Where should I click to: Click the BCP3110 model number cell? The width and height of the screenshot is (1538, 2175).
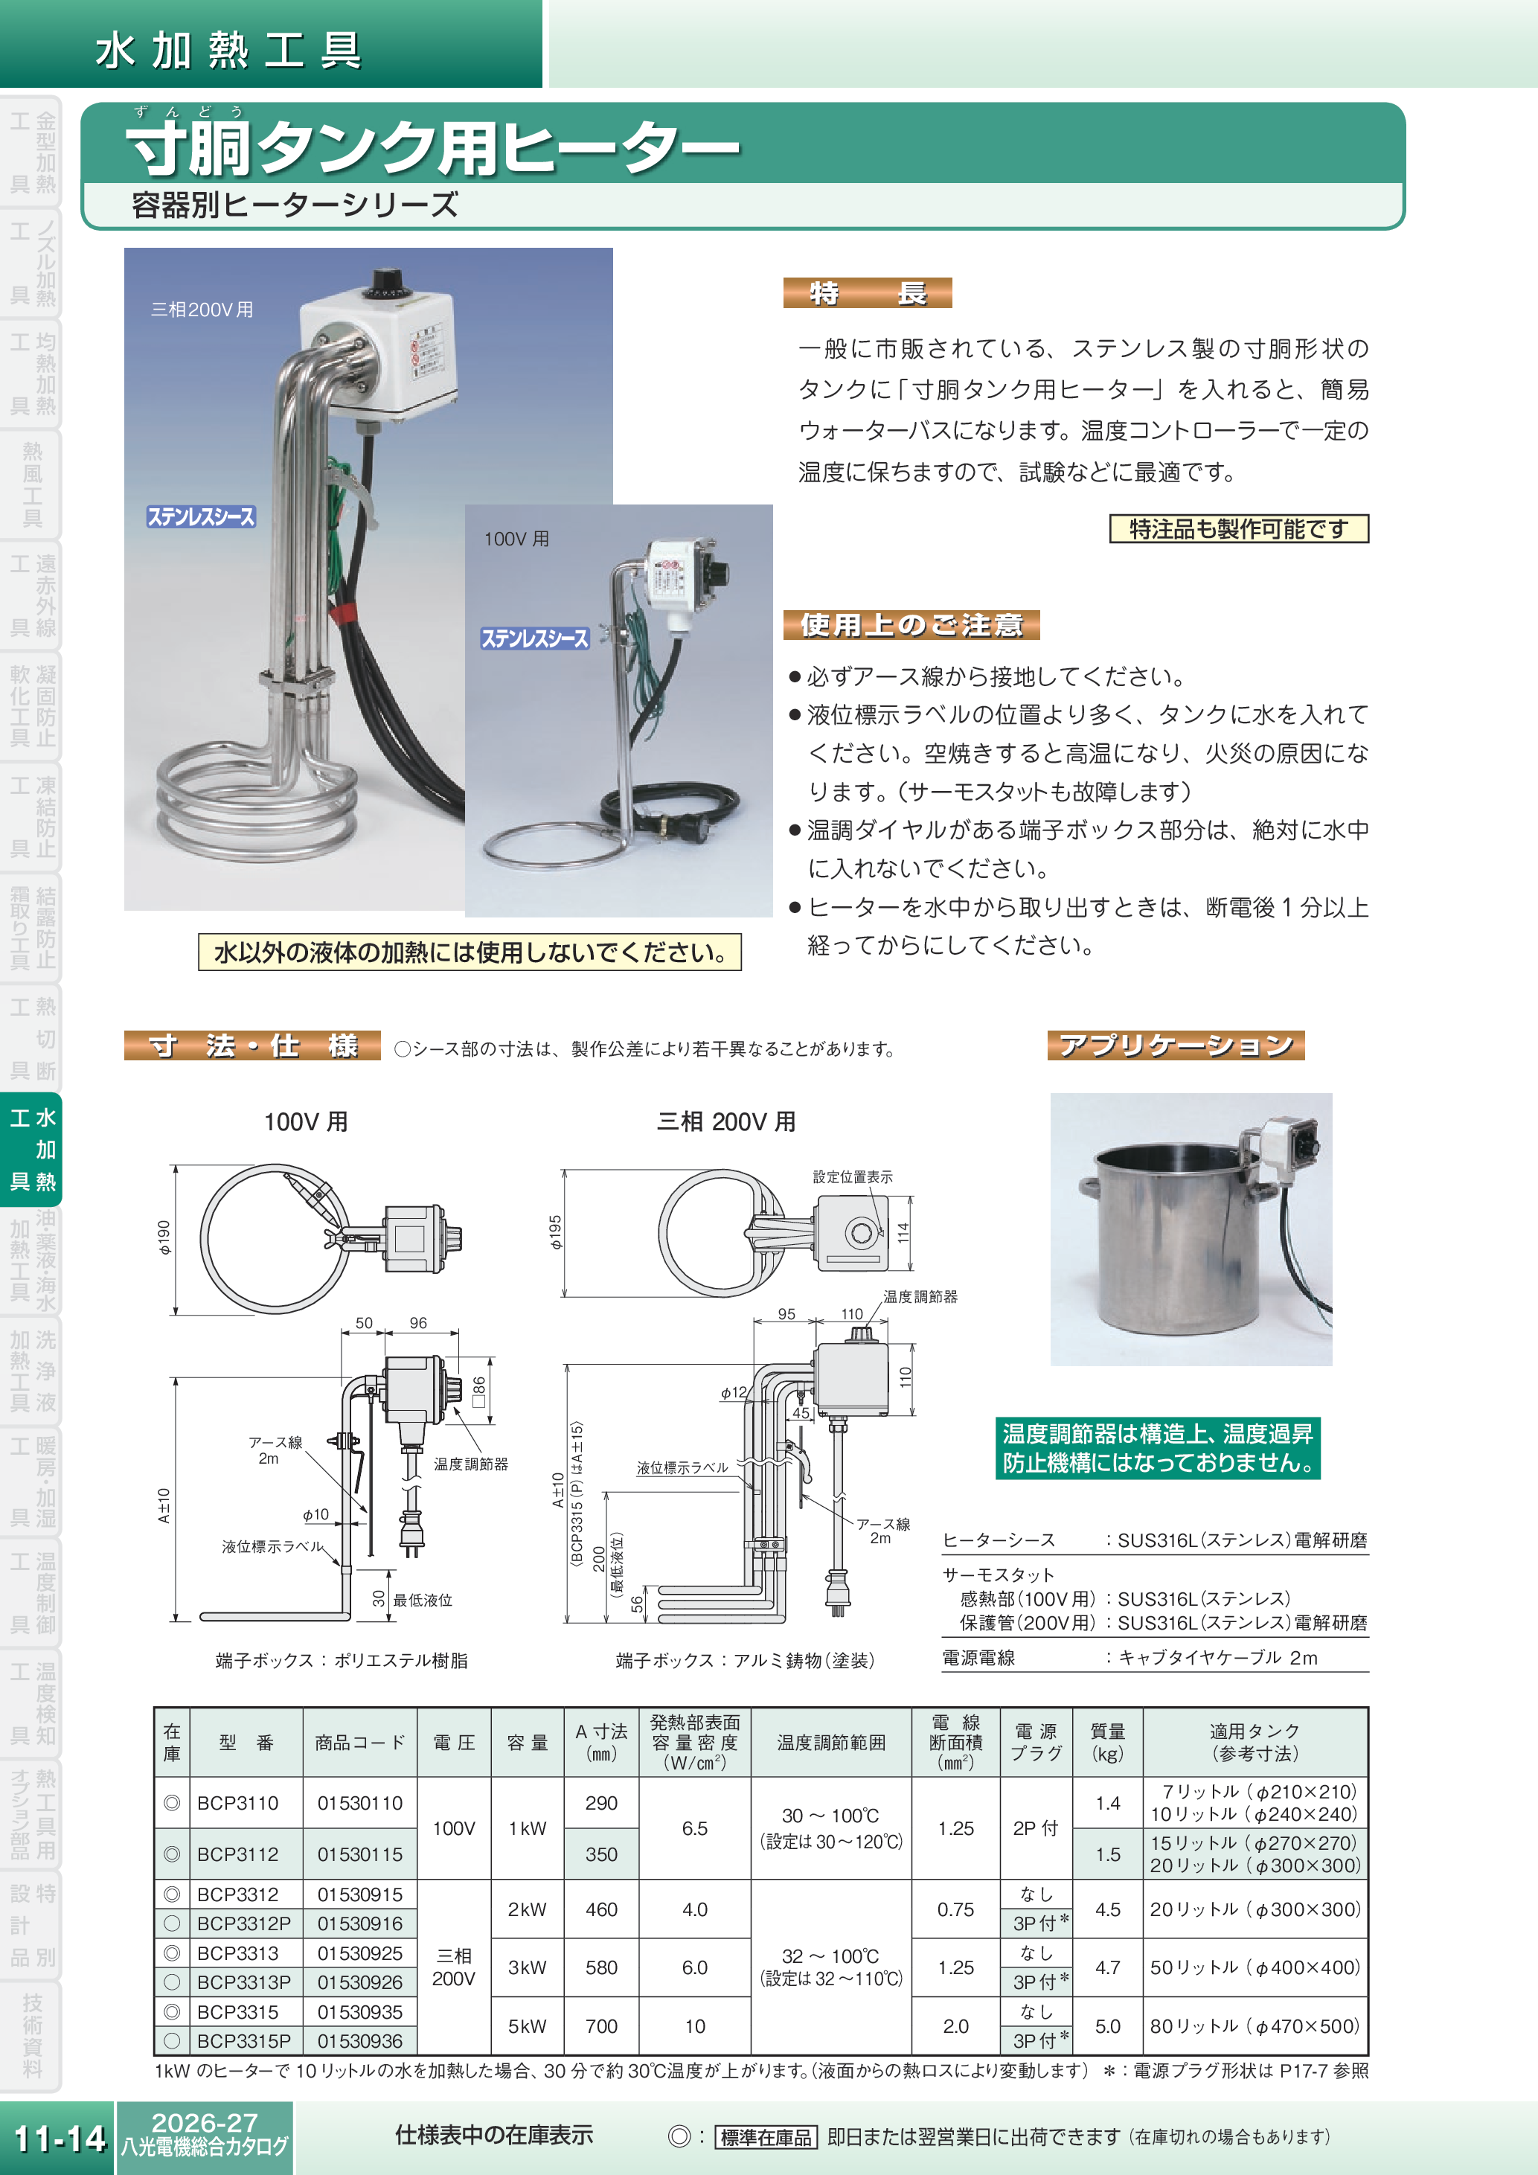coord(237,1803)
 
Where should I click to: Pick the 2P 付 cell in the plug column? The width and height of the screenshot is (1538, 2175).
coord(1035,1828)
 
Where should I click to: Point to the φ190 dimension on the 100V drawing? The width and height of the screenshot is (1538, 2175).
coord(164,1237)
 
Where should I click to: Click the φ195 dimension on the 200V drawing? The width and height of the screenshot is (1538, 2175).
coord(556,1231)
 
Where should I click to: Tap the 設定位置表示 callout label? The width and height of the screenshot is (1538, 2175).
coord(853,1176)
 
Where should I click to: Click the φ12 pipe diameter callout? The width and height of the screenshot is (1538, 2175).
coord(733,1392)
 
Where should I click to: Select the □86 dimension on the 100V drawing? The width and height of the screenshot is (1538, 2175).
coord(478,1391)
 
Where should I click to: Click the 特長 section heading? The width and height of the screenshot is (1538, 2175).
coord(867,292)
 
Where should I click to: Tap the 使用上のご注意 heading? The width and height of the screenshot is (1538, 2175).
coord(911,624)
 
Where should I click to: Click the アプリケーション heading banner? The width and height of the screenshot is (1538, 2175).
coord(1176,1045)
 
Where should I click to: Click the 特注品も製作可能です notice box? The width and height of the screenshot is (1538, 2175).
coord(1238,528)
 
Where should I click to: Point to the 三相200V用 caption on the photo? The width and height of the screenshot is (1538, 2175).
coord(202,310)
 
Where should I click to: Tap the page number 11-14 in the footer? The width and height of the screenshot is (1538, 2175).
coord(59,2138)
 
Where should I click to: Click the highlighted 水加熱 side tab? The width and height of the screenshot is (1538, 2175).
coord(32,1149)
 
